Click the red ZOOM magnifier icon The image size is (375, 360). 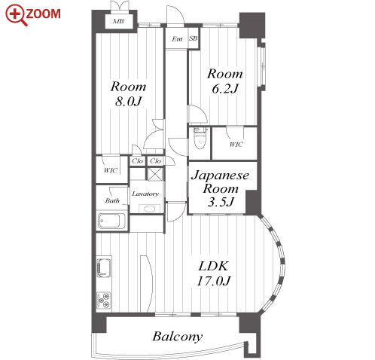pos(16,14)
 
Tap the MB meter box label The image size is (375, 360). pos(118,21)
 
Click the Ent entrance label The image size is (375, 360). pos(177,39)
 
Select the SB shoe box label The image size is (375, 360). pos(194,38)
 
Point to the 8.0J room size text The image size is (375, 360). pos(128,102)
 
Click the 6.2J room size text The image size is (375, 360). pos(224,89)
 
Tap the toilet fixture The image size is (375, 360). pos(200,138)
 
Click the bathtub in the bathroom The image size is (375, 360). pos(112,221)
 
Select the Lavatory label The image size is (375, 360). pos(145,194)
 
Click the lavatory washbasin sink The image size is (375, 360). pos(149,209)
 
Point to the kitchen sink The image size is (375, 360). pos(104,267)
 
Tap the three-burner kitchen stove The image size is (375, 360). pos(104,301)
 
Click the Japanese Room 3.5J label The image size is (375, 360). pos(221,188)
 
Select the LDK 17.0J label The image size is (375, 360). pos(214,273)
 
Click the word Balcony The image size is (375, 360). pos(177,337)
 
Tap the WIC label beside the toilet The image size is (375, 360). pos(236,145)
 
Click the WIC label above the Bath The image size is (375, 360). pos(111,170)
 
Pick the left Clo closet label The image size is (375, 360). pos(137,161)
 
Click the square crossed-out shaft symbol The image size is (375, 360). pos(154,174)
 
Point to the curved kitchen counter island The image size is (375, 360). pos(147,284)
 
